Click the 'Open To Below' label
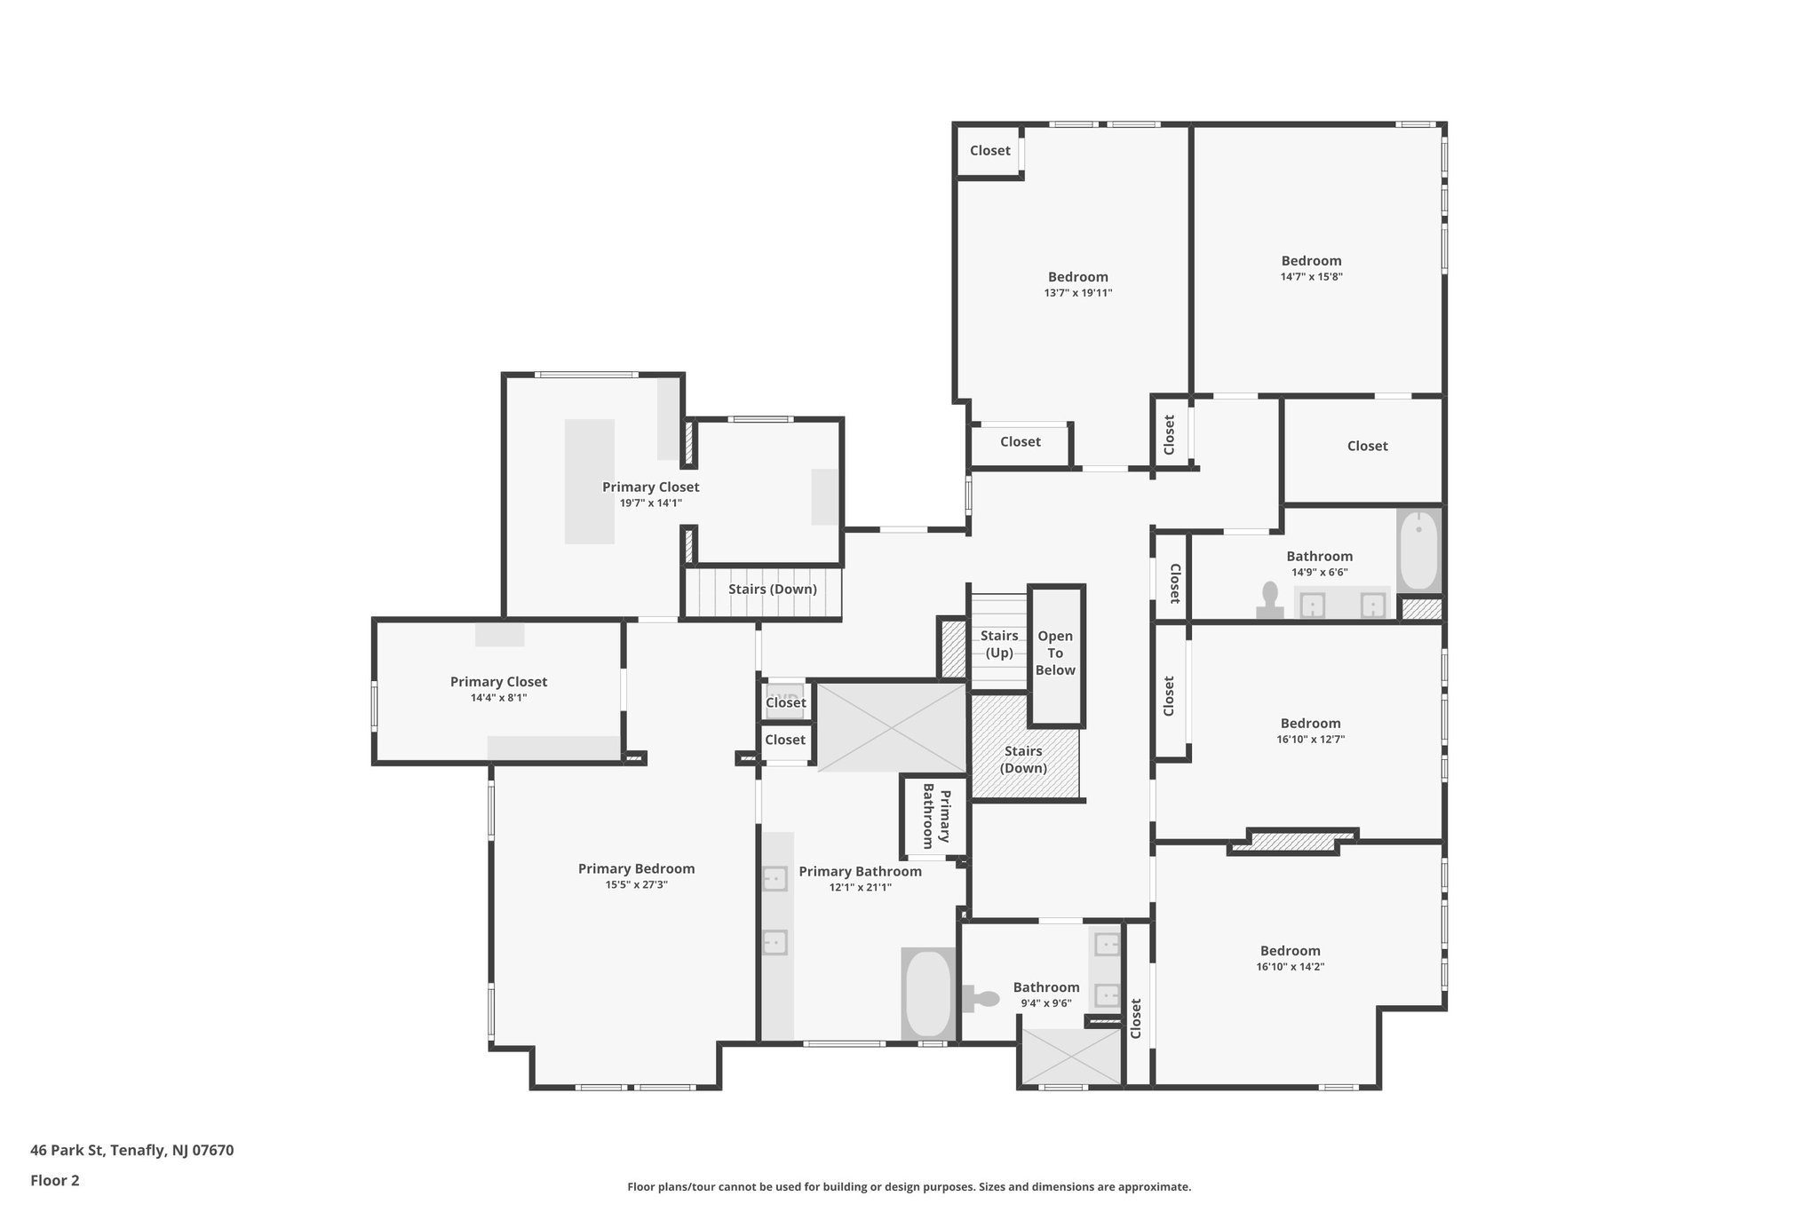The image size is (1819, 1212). (x=1055, y=653)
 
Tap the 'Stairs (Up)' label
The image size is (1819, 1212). (x=999, y=644)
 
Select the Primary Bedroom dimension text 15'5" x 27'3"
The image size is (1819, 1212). (x=636, y=884)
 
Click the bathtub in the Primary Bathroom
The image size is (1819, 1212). (x=928, y=994)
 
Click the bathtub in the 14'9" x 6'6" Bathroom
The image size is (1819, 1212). (x=1418, y=551)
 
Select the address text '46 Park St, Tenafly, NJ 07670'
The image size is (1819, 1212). (x=132, y=1150)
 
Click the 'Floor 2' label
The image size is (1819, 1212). (x=55, y=1180)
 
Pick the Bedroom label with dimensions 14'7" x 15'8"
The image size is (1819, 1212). (x=1311, y=261)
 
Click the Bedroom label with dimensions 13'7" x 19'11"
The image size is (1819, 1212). (x=1077, y=277)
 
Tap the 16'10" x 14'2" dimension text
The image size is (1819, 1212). (x=1290, y=967)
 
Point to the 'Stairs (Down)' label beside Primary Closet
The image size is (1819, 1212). (x=772, y=590)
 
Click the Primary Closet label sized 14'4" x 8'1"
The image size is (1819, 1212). (x=498, y=682)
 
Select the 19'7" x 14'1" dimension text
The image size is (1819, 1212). (x=650, y=503)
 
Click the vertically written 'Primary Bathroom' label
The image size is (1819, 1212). (x=936, y=816)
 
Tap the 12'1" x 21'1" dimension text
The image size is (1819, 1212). (x=860, y=887)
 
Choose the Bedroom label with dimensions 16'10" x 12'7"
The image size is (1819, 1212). (x=1310, y=724)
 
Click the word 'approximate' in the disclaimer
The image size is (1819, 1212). (x=1153, y=1186)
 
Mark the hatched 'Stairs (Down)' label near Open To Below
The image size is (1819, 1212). (x=1023, y=759)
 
